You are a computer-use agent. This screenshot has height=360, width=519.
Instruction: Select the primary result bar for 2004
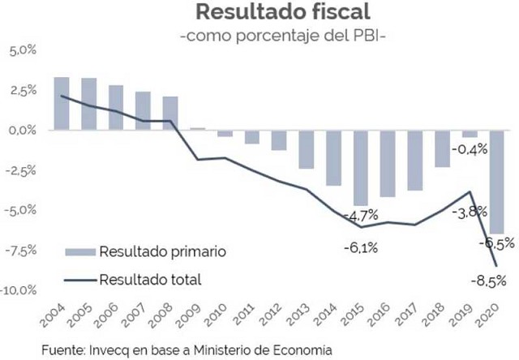tap(61, 103)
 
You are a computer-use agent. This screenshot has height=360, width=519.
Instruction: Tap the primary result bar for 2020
tap(496, 182)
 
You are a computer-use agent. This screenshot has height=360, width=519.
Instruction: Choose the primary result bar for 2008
tap(169, 113)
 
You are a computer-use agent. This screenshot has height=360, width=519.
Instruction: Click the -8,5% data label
tap(489, 281)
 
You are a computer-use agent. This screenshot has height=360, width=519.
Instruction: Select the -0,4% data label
tap(469, 149)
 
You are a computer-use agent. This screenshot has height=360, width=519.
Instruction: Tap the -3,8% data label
tap(469, 212)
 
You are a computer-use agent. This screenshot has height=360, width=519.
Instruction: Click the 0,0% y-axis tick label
tap(24, 131)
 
